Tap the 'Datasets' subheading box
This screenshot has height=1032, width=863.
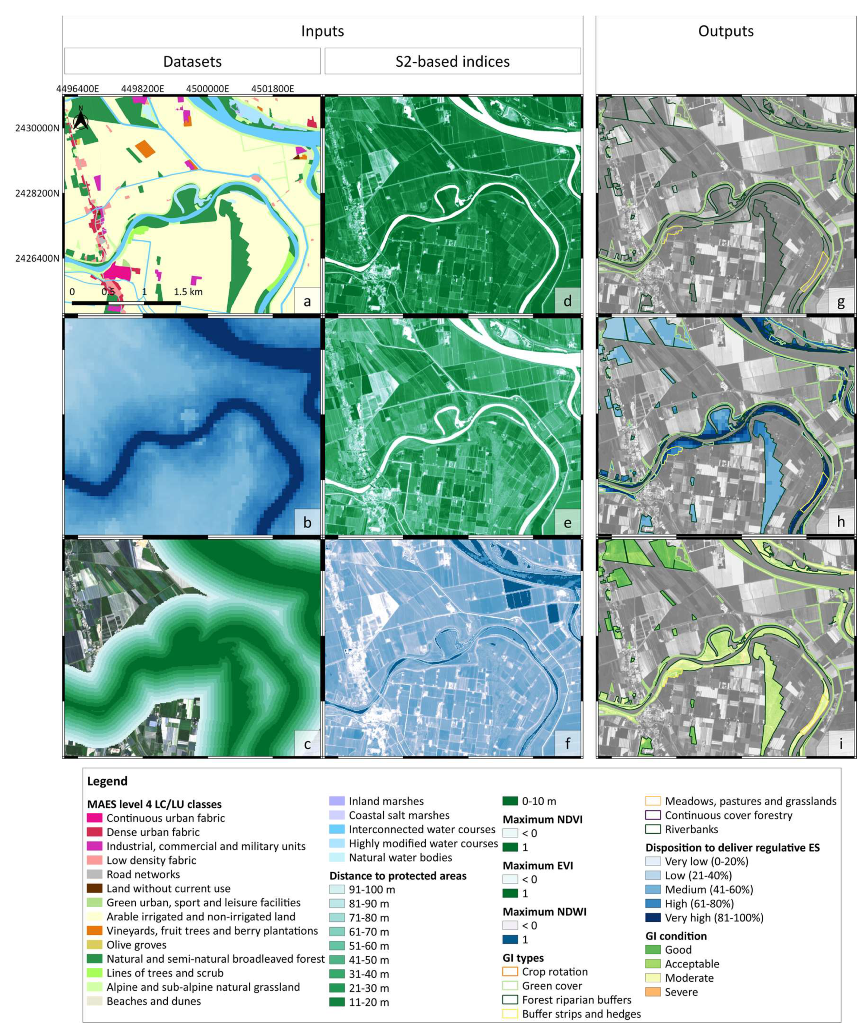[x=192, y=61]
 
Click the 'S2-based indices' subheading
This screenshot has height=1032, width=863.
[x=452, y=61]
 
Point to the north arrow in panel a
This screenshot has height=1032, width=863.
[x=81, y=118]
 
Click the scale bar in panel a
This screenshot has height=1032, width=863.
[x=126, y=303]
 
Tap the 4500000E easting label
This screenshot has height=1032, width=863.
[x=207, y=89]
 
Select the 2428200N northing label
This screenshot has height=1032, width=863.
[x=37, y=193]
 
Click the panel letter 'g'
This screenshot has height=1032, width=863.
[x=841, y=301]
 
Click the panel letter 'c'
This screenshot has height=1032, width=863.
[x=307, y=744]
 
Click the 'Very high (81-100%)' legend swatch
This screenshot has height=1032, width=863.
[x=653, y=918]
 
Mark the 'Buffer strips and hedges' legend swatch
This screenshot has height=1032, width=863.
[x=510, y=1014]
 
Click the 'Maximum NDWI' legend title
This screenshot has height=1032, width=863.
[x=544, y=912]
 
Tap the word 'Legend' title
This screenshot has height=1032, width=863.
[x=107, y=781]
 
